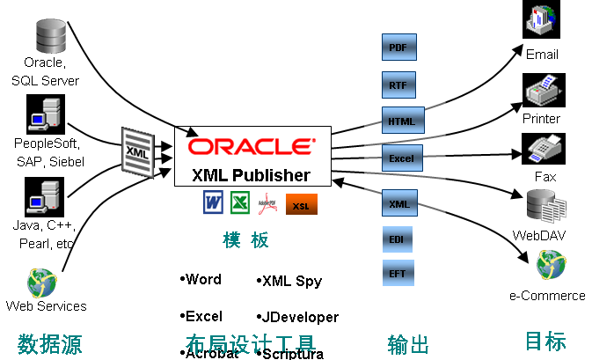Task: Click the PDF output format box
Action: [398, 48]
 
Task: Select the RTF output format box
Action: [398, 84]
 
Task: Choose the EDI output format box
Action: [398, 239]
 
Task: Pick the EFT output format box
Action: [398, 273]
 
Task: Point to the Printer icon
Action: [542, 91]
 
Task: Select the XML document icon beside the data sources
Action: [137, 152]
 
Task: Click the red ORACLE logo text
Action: [250, 146]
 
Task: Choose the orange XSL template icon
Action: [301, 205]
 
